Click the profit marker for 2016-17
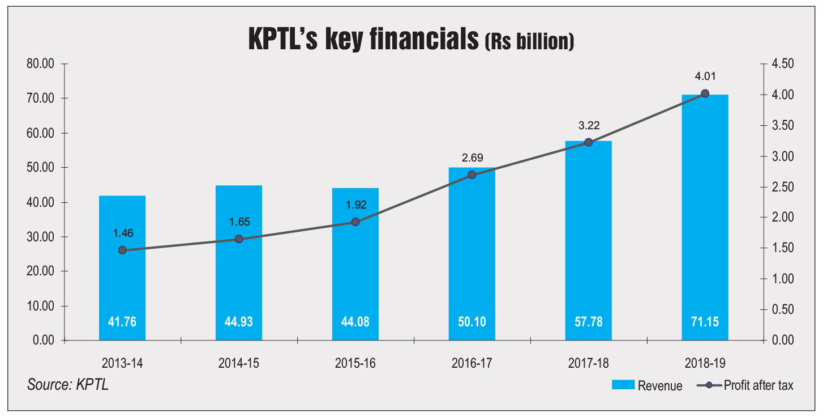[472, 175]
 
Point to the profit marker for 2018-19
[705, 93]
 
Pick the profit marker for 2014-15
[239, 239]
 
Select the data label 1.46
[122, 233]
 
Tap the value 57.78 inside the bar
[588, 322]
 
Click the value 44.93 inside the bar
[239, 322]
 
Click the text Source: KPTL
[67, 385]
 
